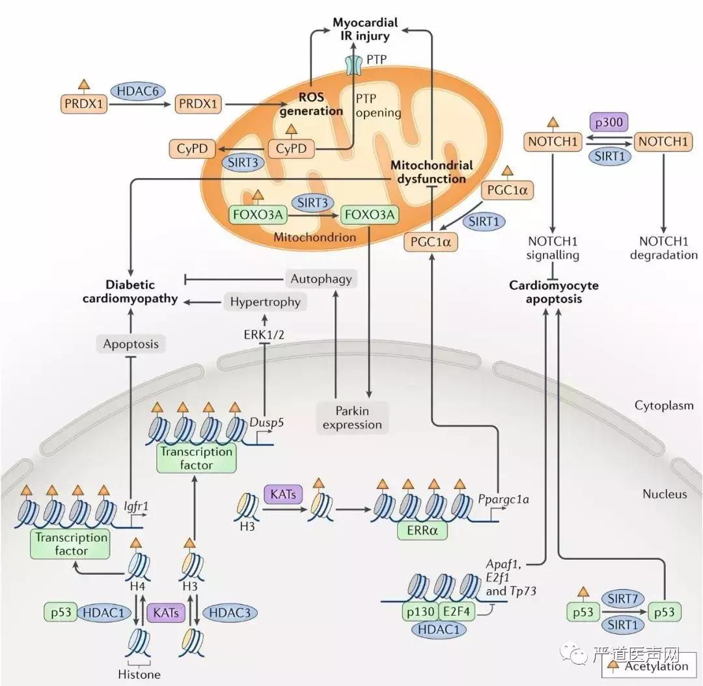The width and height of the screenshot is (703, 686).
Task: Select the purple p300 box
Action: click(x=609, y=122)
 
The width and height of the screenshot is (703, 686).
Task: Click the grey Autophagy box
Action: click(x=321, y=279)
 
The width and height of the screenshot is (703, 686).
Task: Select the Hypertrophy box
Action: click(x=266, y=302)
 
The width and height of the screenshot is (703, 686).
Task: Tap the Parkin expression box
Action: click(x=351, y=417)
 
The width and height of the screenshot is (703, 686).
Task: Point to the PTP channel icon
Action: click(x=354, y=64)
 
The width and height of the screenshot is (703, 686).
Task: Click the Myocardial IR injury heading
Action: click(x=365, y=29)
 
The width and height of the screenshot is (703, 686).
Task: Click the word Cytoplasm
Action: click(x=663, y=406)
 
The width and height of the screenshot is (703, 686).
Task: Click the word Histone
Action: click(x=140, y=674)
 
